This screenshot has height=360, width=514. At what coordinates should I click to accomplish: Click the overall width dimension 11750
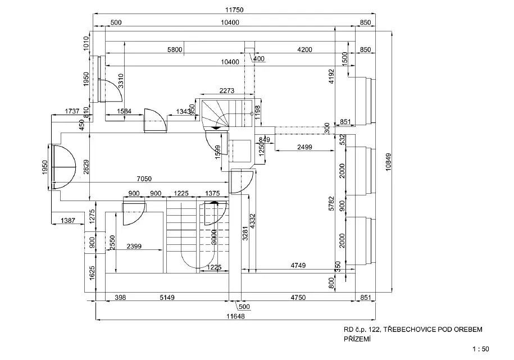pos(234,9)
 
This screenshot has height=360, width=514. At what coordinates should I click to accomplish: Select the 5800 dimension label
pos(175,50)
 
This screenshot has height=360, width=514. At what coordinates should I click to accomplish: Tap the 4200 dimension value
pos(304,50)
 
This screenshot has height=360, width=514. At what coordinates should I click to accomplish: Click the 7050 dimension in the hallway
pos(144,179)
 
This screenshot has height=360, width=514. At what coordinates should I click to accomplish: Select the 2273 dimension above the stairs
pos(226,90)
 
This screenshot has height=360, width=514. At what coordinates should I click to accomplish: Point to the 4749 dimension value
pos(298,265)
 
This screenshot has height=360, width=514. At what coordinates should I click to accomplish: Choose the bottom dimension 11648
pos(239,317)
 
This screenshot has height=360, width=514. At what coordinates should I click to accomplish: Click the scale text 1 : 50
pos(481,349)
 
